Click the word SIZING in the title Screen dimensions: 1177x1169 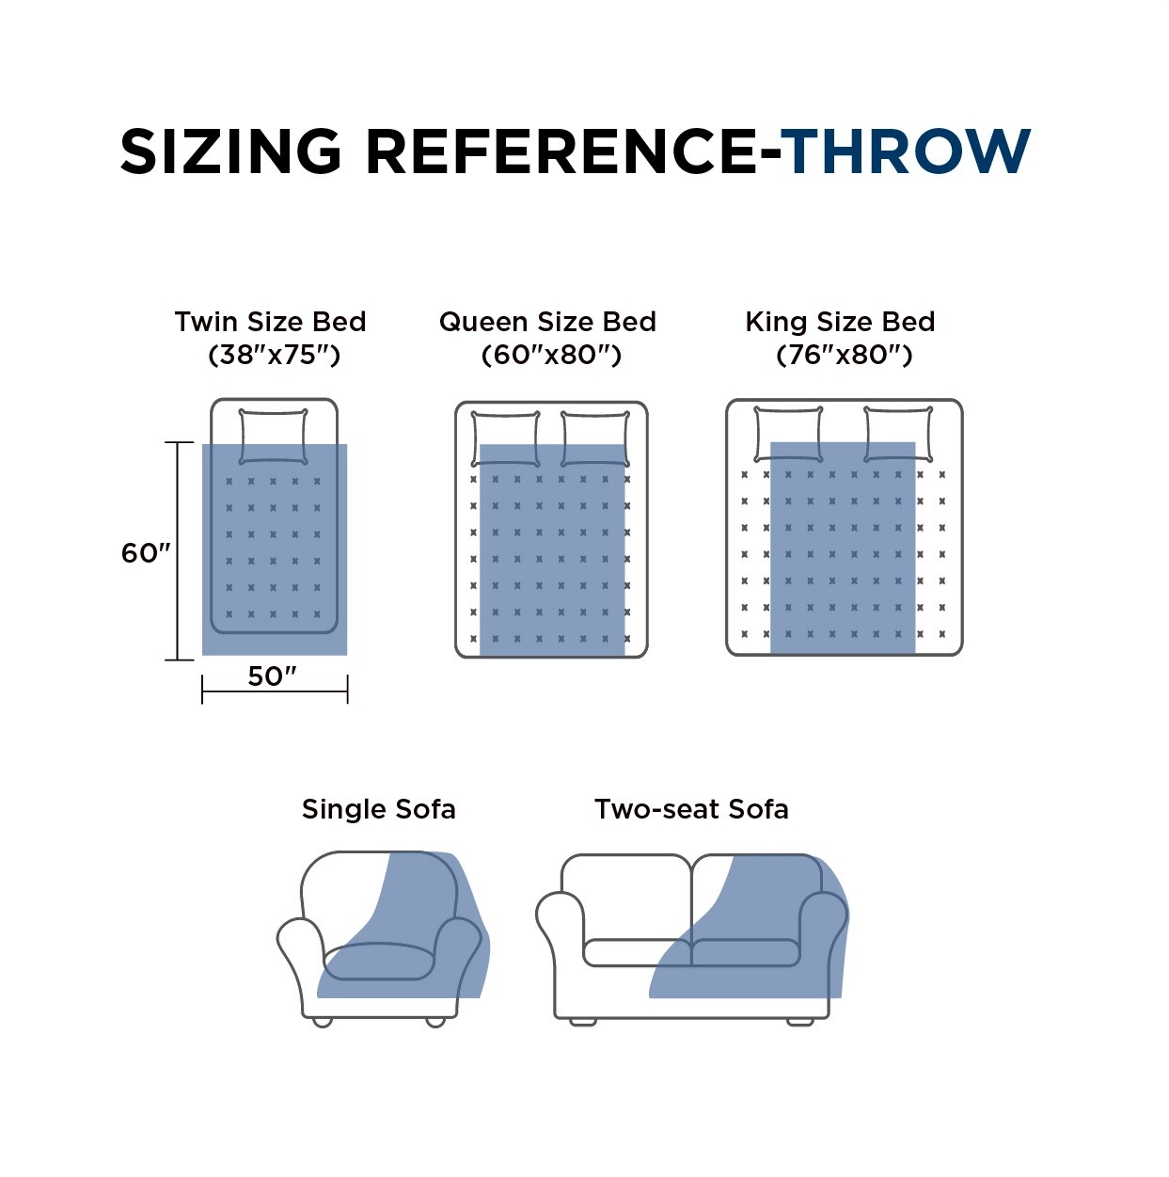coord(230,151)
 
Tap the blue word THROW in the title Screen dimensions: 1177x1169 coord(907,151)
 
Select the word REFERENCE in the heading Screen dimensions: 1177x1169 coord(561,151)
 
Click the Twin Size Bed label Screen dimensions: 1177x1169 coord(270,322)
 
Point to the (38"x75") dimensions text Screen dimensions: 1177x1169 coord(273,355)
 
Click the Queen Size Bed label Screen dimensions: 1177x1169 coord(547,322)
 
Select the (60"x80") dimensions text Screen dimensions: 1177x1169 coord(551,355)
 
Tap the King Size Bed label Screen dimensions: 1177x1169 coord(840,322)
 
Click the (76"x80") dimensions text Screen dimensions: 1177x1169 coord(844,355)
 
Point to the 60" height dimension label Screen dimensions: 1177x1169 coord(145,553)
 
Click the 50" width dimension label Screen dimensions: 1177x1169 coord(272,676)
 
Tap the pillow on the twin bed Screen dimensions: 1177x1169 coord(274,436)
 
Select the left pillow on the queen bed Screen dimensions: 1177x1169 coord(506,438)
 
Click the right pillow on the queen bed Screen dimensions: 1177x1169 coord(595,438)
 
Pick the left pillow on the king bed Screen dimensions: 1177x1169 coord(788,434)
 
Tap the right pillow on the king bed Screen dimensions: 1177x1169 coord(898,434)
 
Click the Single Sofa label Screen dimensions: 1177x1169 coord(378,809)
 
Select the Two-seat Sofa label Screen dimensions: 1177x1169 coord(691,809)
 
